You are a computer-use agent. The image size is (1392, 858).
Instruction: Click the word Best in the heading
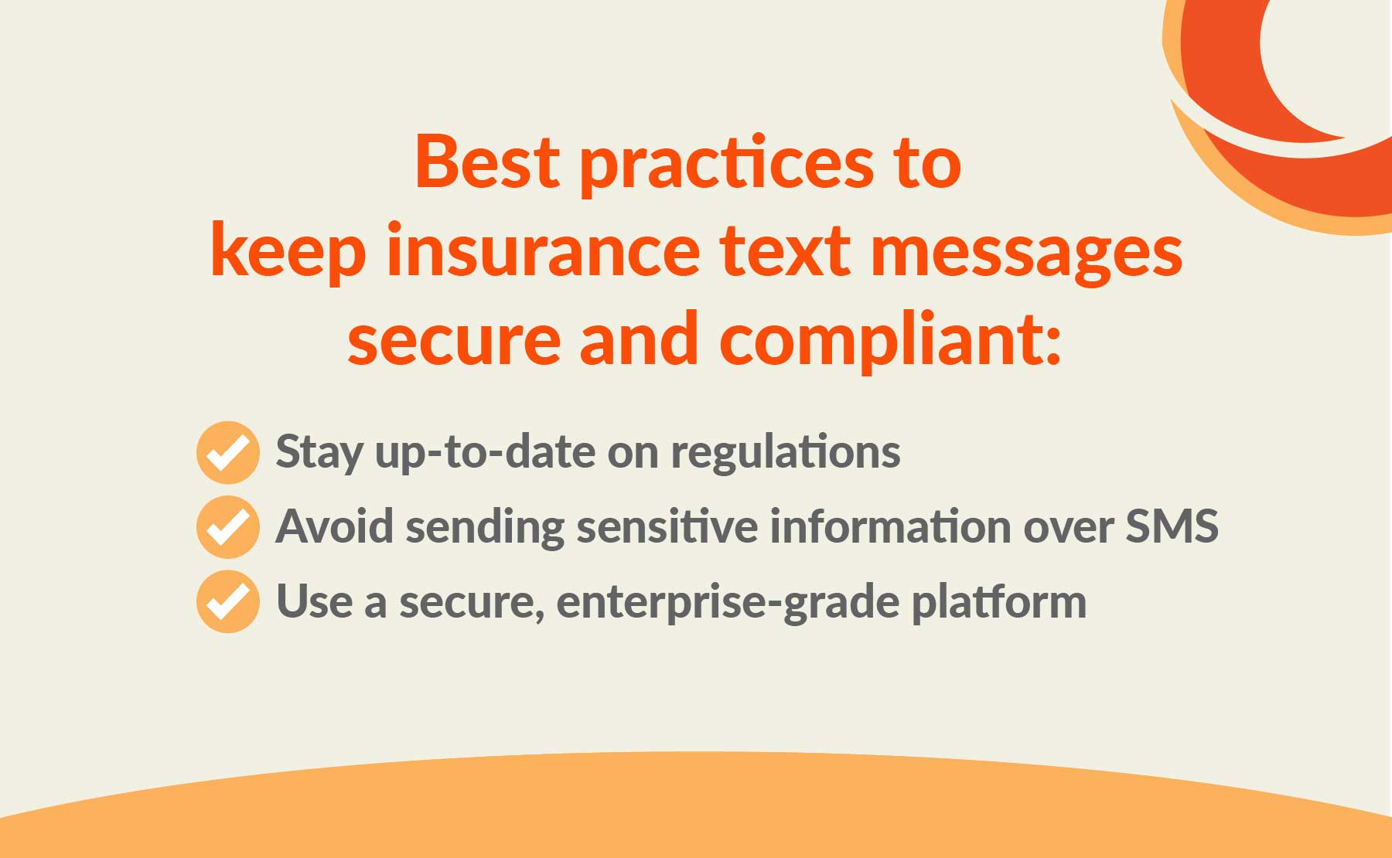486,162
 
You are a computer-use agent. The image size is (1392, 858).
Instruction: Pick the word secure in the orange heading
454,342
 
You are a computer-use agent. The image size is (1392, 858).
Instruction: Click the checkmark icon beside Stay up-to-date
227,452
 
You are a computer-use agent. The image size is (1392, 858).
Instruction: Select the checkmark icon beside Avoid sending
227,526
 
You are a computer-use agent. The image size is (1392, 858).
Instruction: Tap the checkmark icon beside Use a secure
227,601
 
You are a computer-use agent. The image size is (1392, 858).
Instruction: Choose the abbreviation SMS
1172,526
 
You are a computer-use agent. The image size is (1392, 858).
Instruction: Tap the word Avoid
334,526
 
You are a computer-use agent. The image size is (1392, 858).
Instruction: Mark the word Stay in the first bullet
319,452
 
